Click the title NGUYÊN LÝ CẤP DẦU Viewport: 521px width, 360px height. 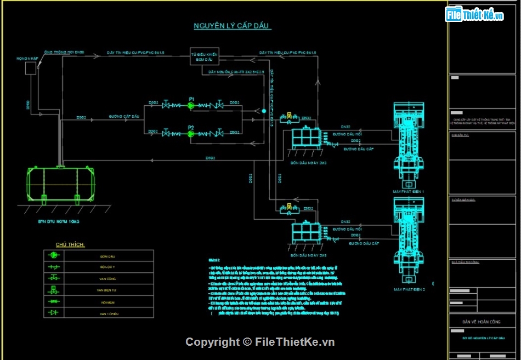(x=232, y=26)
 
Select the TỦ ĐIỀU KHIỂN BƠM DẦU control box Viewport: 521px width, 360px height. (x=205, y=57)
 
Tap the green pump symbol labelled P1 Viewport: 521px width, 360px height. (x=191, y=105)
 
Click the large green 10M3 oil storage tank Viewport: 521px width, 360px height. (x=61, y=184)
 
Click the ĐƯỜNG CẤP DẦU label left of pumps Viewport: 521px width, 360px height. (x=124, y=117)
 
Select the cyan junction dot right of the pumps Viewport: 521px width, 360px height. (x=264, y=111)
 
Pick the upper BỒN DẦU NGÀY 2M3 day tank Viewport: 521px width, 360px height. (x=306, y=140)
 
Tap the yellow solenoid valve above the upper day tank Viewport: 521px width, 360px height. (x=286, y=116)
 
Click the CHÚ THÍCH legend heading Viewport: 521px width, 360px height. (x=70, y=244)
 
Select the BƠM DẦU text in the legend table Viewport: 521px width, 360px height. (x=107, y=256)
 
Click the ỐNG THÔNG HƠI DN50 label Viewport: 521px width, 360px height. (x=64, y=52)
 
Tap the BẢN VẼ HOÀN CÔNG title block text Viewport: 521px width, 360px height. (x=475, y=322)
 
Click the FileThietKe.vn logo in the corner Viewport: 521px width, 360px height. (x=475, y=15)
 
